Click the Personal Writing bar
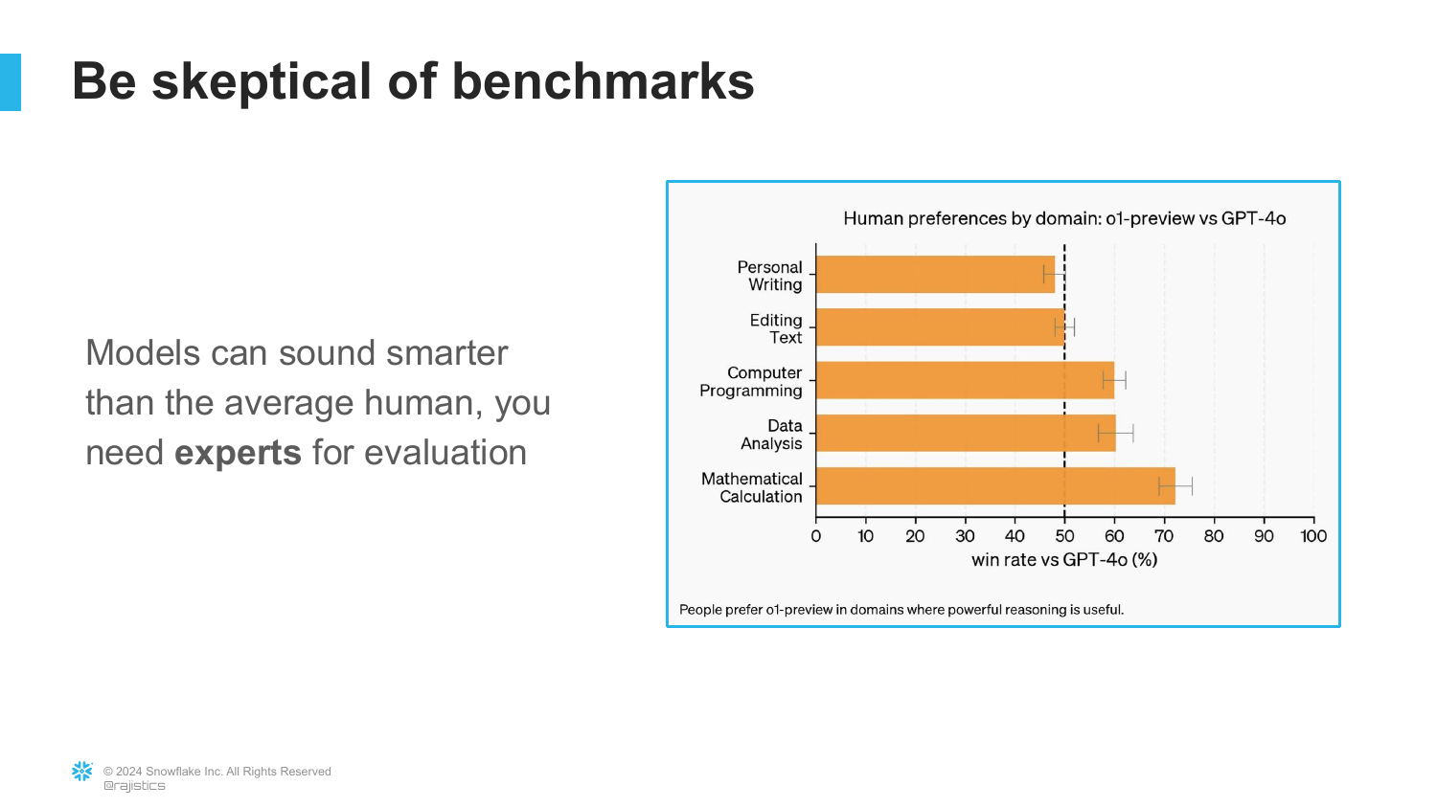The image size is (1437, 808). pyautogui.click(x=934, y=275)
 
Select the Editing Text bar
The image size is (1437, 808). pyautogui.click(x=939, y=327)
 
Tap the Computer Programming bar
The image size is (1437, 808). pyautogui.click(x=964, y=380)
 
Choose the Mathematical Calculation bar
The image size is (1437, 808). pyautogui.click(x=994, y=486)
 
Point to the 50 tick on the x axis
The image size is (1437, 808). pyautogui.click(x=1064, y=536)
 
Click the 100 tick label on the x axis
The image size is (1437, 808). pyautogui.click(x=1313, y=536)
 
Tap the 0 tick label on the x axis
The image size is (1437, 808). pyautogui.click(x=816, y=536)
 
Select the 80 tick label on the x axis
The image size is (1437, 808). pyautogui.click(x=1214, y=536)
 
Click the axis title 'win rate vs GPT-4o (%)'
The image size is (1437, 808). pyautogui.click(x=1064, y=560)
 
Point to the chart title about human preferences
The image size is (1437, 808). pyautogui.click(x=1064, y=218)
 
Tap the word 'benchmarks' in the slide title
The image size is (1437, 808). pyautogui.click(x=603, y=82)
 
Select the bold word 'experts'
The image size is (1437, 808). pyautogui.click(x=238, y=453)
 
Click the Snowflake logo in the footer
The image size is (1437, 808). pyautogui.click(x=82, y=772)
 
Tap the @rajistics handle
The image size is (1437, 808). pyautogui.click(x=134, y=786)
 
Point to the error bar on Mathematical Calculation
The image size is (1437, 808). pyautogui.click(x=1175, y=486)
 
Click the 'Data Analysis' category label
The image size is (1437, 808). pyautogui.click(x=772, y=435)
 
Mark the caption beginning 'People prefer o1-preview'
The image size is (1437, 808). pyautogui.click(x=901, y=610)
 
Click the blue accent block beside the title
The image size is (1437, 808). pyautogui.click(x=10, y=82)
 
